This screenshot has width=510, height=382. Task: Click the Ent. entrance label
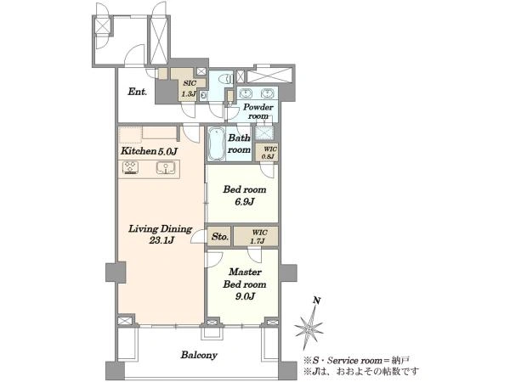click(137, 92)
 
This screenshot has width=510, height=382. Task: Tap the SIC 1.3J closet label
click(189, 88)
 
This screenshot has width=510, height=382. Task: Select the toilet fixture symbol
click(226, 79)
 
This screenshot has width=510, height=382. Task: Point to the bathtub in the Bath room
click(217, 144)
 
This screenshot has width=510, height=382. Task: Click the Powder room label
click(258, 111)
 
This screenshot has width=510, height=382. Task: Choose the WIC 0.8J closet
click(269, 153)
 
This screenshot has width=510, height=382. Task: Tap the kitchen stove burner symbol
click(131, 168)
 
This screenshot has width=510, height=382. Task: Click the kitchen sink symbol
click(166, 168)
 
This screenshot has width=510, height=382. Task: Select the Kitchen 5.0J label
click(149, 151)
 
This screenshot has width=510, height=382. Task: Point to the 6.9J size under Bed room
click(244, 202)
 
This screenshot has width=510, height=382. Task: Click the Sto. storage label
click(220, 237)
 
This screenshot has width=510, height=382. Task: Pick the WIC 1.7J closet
click(259, 237)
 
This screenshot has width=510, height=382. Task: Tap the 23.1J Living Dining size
click(161, 240)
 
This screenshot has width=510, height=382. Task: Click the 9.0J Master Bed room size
click(245, 296)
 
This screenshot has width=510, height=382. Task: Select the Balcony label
click(199, 355)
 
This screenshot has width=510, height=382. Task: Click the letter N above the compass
click(316, 301)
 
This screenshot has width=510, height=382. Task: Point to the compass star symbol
click(309, 328)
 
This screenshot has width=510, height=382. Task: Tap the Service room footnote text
click(356, 361)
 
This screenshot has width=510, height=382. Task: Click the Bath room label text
click(239, 143)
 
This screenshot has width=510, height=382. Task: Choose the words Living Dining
click(160, 229)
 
